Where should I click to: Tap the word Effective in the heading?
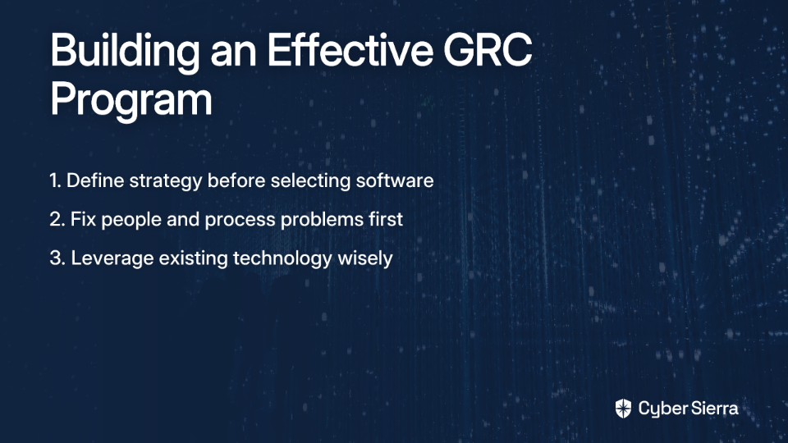[x=350, y=50]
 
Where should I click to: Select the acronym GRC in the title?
[x=488, y=50]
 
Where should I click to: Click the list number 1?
[x=55, y=180]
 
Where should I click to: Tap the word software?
[x=395, y=180]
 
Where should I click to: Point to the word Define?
[x=95, y=180]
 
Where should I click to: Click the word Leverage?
[x=112, y=259]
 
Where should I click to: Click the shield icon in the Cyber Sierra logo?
[x=623, y=409]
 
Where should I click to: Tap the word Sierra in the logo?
[x=713, y=409]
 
